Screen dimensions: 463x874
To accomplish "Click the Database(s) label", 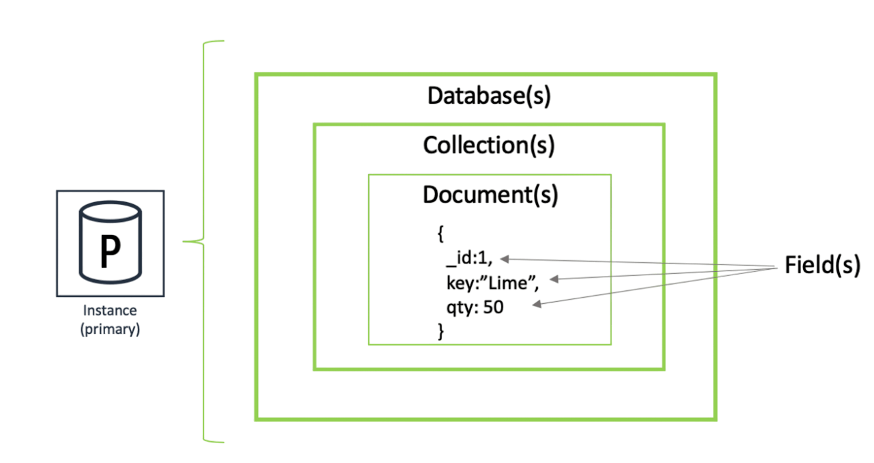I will click(x=488, y=96).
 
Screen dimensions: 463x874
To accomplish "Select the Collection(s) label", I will click(x=488, y=145).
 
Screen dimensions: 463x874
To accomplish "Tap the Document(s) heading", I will click(x=490, y=195).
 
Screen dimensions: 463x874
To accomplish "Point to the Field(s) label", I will click(x=821, y=265).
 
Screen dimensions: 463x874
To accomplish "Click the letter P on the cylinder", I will click(x=110, y=252).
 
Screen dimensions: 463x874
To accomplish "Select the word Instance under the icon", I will click(x=110, y=311).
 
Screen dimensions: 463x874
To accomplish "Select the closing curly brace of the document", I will click(x=440, y=331).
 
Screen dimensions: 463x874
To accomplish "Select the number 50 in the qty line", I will click(x=493, y=307).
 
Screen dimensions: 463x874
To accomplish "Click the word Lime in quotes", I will click(x=519, y=283).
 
